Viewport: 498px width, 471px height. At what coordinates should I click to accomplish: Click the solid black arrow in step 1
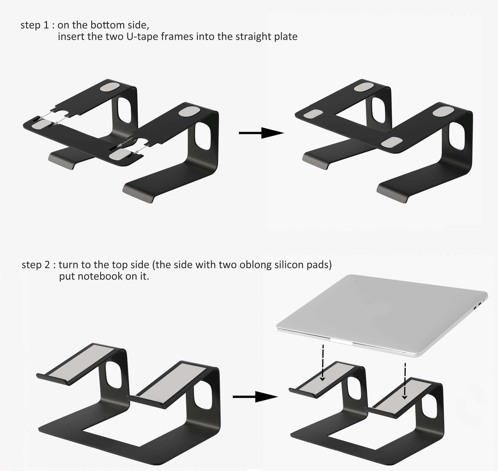[x=261, y=133]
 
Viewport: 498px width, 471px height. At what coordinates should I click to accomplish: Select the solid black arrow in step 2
[x=255, y=397]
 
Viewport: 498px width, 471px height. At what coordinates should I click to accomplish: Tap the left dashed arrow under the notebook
[x=323, y=363]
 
